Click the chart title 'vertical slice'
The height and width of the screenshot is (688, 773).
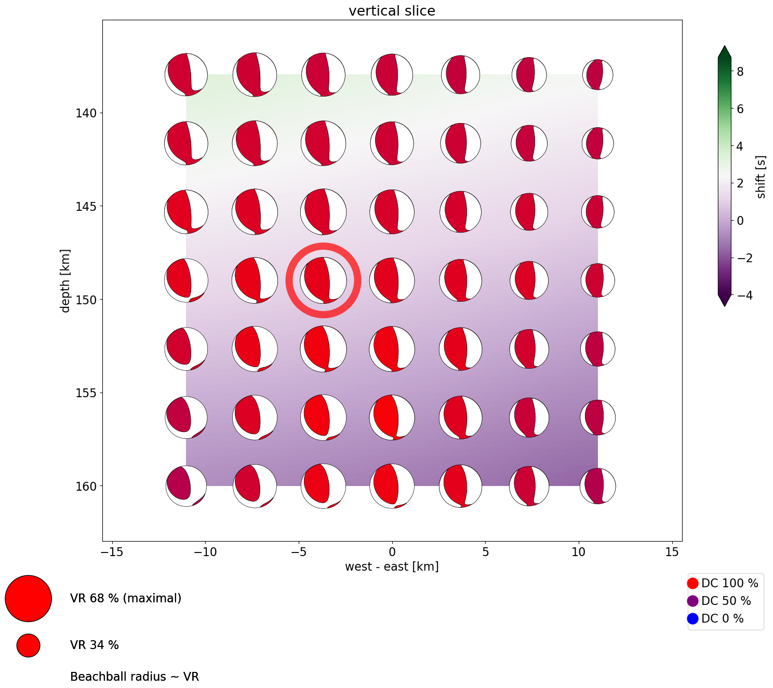[392, 11]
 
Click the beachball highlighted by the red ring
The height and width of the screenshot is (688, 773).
[323, 280]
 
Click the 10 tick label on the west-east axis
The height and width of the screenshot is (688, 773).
[579, 552]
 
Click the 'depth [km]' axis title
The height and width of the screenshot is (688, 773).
[65, 280]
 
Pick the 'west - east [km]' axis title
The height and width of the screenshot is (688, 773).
[392, 566]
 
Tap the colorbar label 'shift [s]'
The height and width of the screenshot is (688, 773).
[761, 177]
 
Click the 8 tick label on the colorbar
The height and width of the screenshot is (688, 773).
[740, 72]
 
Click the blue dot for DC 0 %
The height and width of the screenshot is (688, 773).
[692, 618]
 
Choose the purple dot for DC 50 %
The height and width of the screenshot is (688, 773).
[692, 601]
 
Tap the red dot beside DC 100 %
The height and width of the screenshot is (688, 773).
[692, 583]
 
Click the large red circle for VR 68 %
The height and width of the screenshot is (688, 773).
[29, 599]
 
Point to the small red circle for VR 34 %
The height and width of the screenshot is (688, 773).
[29, 645]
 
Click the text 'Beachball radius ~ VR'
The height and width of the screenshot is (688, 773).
[135, 677]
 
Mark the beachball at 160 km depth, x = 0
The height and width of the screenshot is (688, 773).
[392, 486]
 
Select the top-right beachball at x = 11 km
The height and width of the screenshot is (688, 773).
[598, 75]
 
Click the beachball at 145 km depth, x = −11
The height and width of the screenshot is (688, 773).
[186, 212]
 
